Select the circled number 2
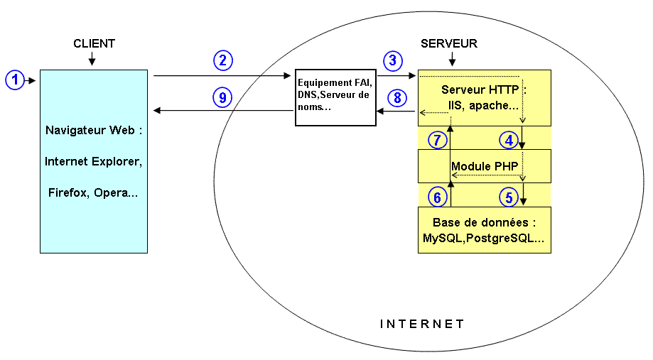222,60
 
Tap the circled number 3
392,60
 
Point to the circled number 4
508,140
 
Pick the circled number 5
508,196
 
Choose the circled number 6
438,196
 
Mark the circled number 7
438,140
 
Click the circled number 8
396,97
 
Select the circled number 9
222,97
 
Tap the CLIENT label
94,44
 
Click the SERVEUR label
449,44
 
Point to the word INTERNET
421,324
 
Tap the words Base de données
484,222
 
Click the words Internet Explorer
94,161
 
